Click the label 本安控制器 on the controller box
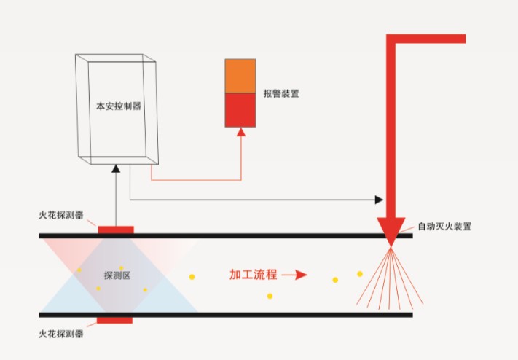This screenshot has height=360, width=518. pyautogui.click(x=119, y=106)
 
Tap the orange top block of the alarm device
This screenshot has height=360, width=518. pyautogui.click(x=240, y=76)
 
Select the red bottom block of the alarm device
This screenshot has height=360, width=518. pyautogui.click(x=240, y=110)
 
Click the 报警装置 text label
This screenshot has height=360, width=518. pyautogui.click(x=281, y=94)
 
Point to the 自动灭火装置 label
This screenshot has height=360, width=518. pyautogui.click(x=444, y=226)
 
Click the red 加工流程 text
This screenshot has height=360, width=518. pyautogui.click(x=253, y=275)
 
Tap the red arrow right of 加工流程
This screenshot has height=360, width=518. pyautogui.click(x=294, y=275)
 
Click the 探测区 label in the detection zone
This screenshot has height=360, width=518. pyautogui.click(x=117, y=275)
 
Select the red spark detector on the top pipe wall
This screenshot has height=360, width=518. pyautogui.click(x=116, y=230)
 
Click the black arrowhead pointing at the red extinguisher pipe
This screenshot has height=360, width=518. pyautogui.click(x=378, y=199)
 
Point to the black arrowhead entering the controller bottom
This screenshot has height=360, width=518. pyautogui.click(x=116, y=168)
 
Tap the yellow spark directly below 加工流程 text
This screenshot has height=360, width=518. pyautogui.click(x=270, y=296)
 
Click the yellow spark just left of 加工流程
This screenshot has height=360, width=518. pyautogui.click(x=192, y=276)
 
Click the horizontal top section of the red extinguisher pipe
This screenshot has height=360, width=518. pyautogui.click(x=430, y=39)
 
